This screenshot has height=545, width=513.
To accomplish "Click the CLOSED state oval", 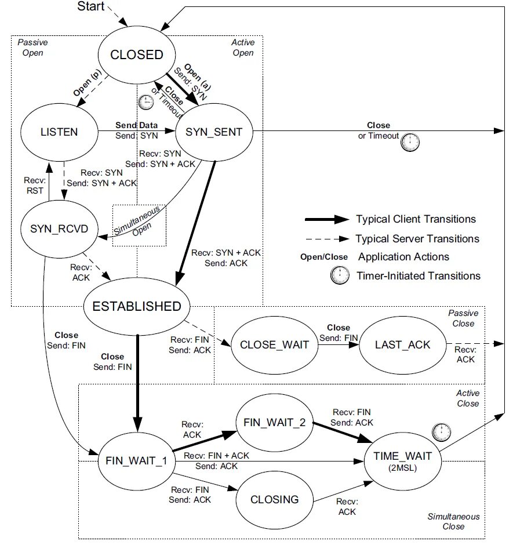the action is (137, 54).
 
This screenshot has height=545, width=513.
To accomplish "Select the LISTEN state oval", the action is (59, 132).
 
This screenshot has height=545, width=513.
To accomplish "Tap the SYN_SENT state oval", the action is (214, 132).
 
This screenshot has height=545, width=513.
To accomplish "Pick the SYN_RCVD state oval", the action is (59, 228).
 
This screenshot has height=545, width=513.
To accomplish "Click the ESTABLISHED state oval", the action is (137, 306).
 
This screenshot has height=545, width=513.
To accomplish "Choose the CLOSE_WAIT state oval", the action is (275, 345).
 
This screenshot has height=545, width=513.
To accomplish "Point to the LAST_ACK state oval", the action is (402, 345).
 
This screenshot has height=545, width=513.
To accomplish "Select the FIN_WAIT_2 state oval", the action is (275, 422).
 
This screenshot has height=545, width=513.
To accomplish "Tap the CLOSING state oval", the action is (275, 499).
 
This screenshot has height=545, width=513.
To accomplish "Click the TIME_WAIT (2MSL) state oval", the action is (402, 461).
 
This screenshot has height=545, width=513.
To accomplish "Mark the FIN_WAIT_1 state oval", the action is (137, 461).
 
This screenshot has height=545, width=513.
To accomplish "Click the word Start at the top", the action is (90, 6).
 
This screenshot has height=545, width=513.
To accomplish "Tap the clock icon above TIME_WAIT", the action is (441, 432).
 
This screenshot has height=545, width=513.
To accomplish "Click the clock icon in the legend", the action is (340, 275).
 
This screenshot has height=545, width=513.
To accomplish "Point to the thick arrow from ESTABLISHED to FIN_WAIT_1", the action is (137, 383).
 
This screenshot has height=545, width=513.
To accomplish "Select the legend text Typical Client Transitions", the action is (416, 219).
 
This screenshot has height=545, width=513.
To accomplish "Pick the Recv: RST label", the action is (35, 186).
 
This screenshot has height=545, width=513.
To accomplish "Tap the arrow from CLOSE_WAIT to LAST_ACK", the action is (339, 345).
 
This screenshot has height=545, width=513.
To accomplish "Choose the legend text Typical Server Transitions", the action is (417, 239).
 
